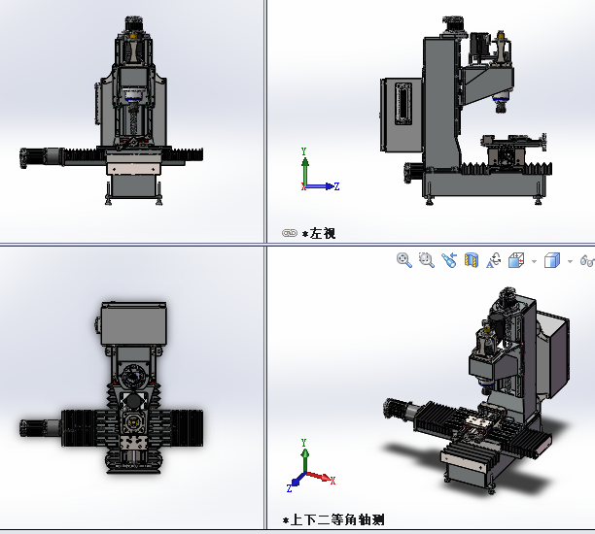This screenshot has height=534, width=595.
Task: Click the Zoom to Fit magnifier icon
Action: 404,260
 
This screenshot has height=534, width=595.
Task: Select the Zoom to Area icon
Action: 427,260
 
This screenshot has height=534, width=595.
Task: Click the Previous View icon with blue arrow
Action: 449,260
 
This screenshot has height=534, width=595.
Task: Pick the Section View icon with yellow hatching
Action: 472,260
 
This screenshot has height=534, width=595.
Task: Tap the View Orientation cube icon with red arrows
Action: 516,260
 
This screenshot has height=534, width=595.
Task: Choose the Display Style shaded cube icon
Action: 552,260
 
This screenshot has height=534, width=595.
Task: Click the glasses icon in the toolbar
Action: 587,260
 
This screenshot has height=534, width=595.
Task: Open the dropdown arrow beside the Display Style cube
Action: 570,261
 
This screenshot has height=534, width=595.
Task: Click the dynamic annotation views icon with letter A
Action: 494,260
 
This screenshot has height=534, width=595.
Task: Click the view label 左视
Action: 323,233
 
